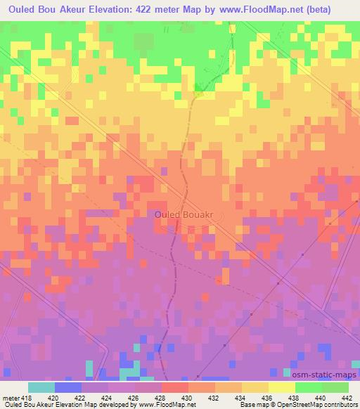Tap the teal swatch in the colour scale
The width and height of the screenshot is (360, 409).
(x=41, y=387)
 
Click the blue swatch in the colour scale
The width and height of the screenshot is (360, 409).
(x=68, y=387)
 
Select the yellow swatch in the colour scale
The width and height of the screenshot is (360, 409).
(x=282, y=387)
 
